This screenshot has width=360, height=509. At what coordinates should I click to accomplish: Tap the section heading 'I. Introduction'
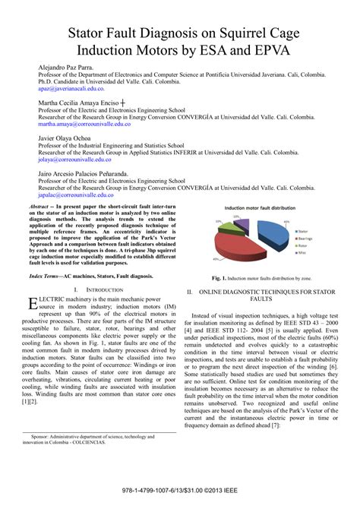[100, 269]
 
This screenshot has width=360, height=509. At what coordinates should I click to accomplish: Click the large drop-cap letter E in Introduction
[33, 283]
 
